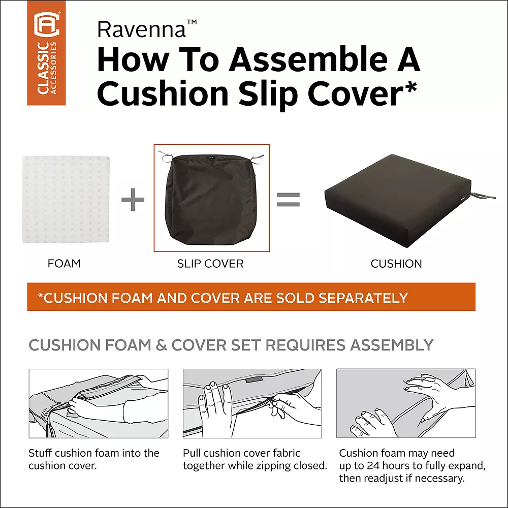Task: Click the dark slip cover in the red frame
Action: [211, 200]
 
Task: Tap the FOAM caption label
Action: [64, 264]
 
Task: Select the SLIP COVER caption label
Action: [210, 264]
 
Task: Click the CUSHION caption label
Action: [396, 264]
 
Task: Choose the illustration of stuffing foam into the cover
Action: [98, 403]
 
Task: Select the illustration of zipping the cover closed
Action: [252, 403]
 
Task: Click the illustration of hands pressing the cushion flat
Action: [406, 403]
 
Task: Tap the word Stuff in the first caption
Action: [40, 453]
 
